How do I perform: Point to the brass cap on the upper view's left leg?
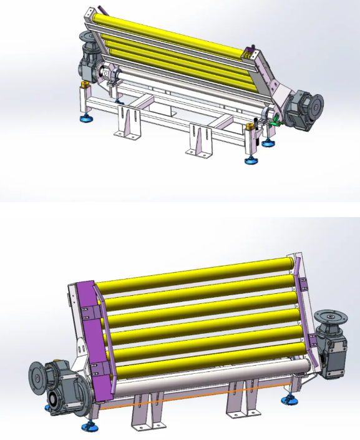83,84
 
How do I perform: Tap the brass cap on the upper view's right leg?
252,127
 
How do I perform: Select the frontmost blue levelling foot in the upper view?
250,160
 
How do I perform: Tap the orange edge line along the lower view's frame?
187,399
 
